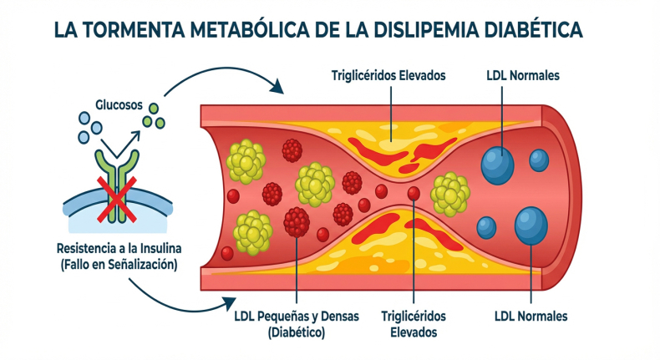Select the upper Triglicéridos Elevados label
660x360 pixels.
(x=388, y=75)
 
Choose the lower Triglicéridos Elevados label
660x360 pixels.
(x=413, y=323)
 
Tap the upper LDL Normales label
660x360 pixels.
(x=524, y=75)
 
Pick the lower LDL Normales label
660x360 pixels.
(x=531, y=317)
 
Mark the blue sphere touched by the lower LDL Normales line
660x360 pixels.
(x=531, y=225)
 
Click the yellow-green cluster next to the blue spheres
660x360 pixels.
(x=449, y=193)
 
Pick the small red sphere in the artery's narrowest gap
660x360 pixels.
(x=413, y=193)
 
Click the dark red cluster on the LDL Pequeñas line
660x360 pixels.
(x=297, y=221)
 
